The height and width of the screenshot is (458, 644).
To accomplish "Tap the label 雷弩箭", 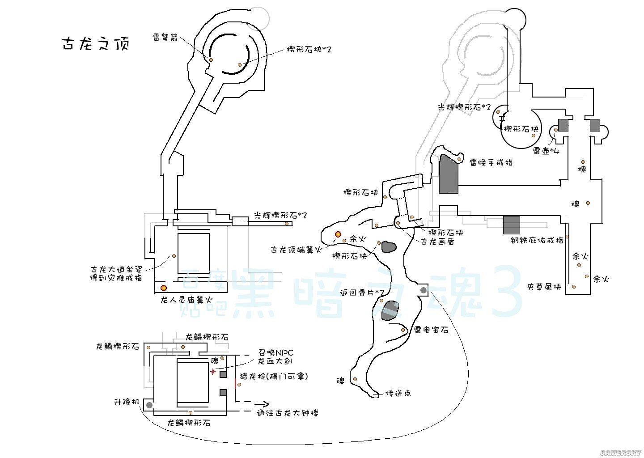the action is pyautogui.click(x=165, y=38).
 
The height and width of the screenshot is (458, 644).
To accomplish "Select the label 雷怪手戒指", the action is pyautogui.click(x=491, y=163).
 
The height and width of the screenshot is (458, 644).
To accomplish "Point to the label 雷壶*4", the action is pyautogui.click(x=546, y=151).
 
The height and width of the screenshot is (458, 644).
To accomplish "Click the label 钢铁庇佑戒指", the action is pyautogui.click(x=537, y=240).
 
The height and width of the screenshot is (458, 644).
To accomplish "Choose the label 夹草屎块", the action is pyautogui.click(x=544, y=287).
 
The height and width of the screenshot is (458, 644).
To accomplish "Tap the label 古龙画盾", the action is pyautogui.click(x=437, y=242).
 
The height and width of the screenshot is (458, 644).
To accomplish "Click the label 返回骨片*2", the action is pyautogui.click(x=362, y=293).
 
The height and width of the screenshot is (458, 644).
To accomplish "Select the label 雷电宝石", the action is pyautogui.click(x=431, y=330).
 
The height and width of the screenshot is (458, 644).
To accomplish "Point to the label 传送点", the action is pyautogui.click(x=398, y=393).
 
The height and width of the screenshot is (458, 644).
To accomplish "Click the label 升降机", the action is pyautogui.click(x=127, y=402).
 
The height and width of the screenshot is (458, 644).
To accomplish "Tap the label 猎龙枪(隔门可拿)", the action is pyautogui.click(x=274, y=376).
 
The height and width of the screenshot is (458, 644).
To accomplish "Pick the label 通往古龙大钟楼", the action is pyautogui.click(x=287, y=413).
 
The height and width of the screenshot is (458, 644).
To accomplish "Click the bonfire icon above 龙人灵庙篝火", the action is pyautogui.click(x=164, y=287).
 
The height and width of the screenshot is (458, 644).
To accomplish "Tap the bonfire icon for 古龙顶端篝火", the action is pyautogui.click(x=338, y=234).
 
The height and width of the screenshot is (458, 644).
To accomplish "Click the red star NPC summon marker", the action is pyautogui.click(x=213, y=372).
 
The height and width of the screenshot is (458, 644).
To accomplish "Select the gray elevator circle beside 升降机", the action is pyautogui.click(x=149, y=405).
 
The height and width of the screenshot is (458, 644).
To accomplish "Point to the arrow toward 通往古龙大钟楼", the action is pyautogui.click(x=261, y=403).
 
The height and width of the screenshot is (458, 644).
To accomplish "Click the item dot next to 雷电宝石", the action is pyautogui.click(x=403, y=330).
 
